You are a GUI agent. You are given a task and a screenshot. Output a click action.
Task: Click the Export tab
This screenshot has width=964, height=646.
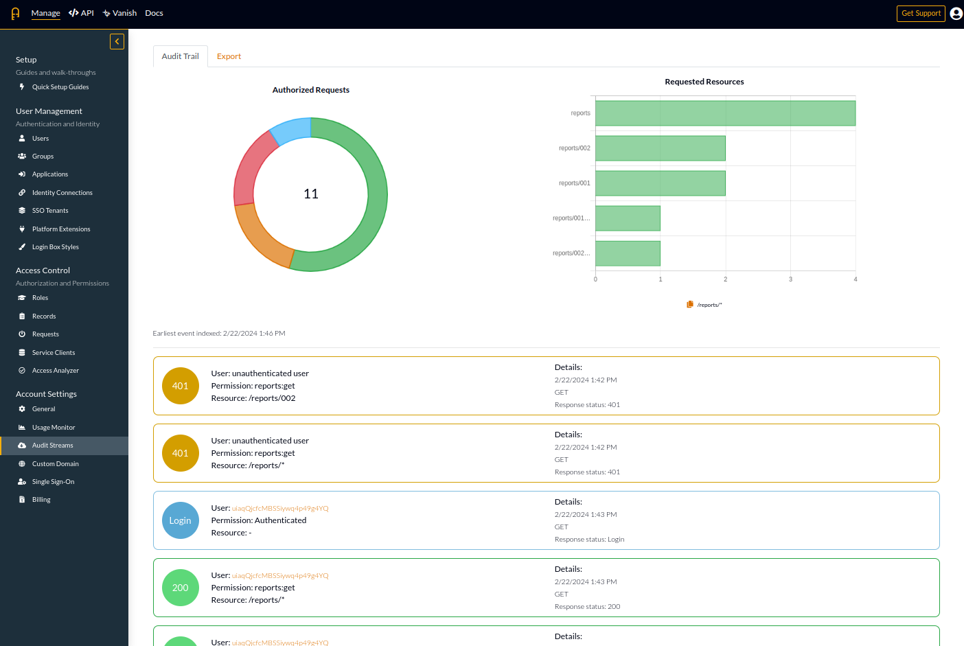(229, 56)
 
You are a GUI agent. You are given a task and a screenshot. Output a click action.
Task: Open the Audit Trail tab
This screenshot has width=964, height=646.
(180, 56)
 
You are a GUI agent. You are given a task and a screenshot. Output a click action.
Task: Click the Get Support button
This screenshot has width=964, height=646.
(921, 14)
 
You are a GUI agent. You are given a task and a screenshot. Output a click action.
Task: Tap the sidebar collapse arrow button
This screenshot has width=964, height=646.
(117, 42)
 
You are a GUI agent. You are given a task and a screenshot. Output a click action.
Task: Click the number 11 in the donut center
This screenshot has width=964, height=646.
(311, 194)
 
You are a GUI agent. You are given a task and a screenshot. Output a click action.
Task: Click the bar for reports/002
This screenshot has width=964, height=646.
(660, 148)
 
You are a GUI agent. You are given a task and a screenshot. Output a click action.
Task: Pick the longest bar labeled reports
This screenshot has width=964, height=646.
(725, 113)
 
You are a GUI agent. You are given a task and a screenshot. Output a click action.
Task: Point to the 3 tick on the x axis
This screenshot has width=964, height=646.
(790, 279)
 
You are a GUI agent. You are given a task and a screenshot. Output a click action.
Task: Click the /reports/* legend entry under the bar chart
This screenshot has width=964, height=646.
(705, 305)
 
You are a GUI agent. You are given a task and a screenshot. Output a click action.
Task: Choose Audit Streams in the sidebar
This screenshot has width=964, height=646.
(53, 446)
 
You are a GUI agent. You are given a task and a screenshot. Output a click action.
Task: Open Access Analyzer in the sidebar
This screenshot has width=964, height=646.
(56, 371)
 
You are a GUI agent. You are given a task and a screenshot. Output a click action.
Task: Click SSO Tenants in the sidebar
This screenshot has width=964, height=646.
(50, 211)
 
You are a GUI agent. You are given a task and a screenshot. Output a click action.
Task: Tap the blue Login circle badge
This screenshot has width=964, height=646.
(180, 520)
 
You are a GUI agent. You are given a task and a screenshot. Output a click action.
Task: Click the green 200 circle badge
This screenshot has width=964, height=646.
(180, 588)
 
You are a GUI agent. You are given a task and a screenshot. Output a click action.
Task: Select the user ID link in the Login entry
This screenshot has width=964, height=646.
(280, 509)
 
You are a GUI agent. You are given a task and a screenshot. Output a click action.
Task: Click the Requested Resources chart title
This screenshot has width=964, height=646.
(704, 82)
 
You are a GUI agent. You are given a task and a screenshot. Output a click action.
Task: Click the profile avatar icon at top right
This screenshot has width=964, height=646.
(956, 14)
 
